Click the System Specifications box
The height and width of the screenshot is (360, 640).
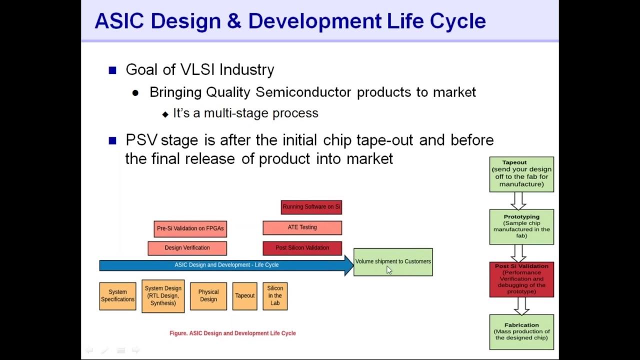click(x=117, y=296)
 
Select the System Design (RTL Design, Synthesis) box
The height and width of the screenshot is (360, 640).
click(x=163, y=296)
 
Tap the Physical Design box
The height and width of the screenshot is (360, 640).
click(x=208, y=296)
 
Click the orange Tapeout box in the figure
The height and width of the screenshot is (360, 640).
click(x=244, y=296)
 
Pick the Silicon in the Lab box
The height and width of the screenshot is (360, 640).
click(x=275, y=296)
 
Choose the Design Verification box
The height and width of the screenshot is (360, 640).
click(x=187, y=248)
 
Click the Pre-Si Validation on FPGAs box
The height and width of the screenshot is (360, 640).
click(x=190, y=228)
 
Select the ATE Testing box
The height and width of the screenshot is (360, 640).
click(x=302, y=227)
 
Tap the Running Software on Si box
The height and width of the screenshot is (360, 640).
click(x=311, y=207)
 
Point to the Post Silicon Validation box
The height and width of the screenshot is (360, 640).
click(x=302, y=248)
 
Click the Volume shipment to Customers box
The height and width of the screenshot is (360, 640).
click(x=393, y=261)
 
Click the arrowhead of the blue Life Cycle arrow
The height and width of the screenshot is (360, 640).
click(x=348, y=265)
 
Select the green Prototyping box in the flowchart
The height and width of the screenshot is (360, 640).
click(x=521, y=226)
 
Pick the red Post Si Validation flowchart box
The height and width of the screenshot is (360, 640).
click(x=521, y=279)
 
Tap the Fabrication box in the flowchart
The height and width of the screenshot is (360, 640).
click(x=521, y=331)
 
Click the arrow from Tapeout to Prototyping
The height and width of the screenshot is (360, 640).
click(x=518, y=200)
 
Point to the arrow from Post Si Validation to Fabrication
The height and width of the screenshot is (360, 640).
click(x=521, y=305)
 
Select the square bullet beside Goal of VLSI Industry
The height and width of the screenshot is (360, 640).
click(x=112, y=70)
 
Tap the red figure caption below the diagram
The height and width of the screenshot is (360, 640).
click(x=232, y=333)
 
